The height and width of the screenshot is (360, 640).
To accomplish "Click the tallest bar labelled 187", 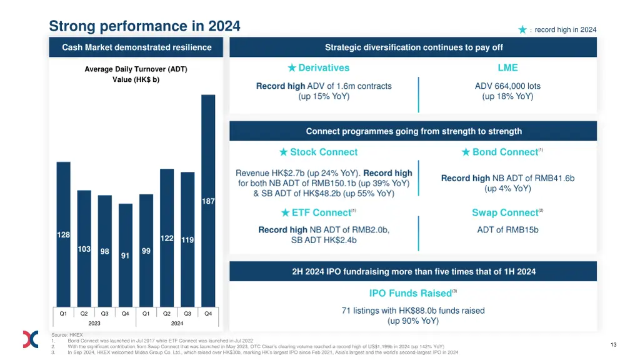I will click(208, 200).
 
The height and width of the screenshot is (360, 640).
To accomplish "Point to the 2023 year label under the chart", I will click(94, 324).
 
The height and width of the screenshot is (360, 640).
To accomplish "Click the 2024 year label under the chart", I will click(177, 324).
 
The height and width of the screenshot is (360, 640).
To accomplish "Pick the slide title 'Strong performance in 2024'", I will click(144, 26).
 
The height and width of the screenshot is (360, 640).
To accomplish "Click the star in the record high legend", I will click(522, 29).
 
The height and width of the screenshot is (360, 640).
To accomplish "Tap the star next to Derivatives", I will click(292, 67).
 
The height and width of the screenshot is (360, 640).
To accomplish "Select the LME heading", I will click(507, 67).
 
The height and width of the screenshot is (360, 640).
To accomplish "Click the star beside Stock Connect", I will click(284, 152).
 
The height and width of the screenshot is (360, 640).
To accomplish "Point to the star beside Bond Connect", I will click(466, 152).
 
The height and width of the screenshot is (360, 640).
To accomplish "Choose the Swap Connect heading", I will click(505, 212).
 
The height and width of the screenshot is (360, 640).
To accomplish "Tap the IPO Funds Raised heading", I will click(410, 293).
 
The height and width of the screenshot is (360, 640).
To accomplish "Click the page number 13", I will click(613, 344).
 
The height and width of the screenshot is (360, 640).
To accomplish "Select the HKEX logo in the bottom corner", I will click(31, 339).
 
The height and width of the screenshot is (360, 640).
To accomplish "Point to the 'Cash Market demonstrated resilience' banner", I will click(136, 47).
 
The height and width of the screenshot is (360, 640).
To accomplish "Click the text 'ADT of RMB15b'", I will click(507, 229).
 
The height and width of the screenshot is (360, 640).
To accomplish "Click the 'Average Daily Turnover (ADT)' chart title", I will click(136, 69).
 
